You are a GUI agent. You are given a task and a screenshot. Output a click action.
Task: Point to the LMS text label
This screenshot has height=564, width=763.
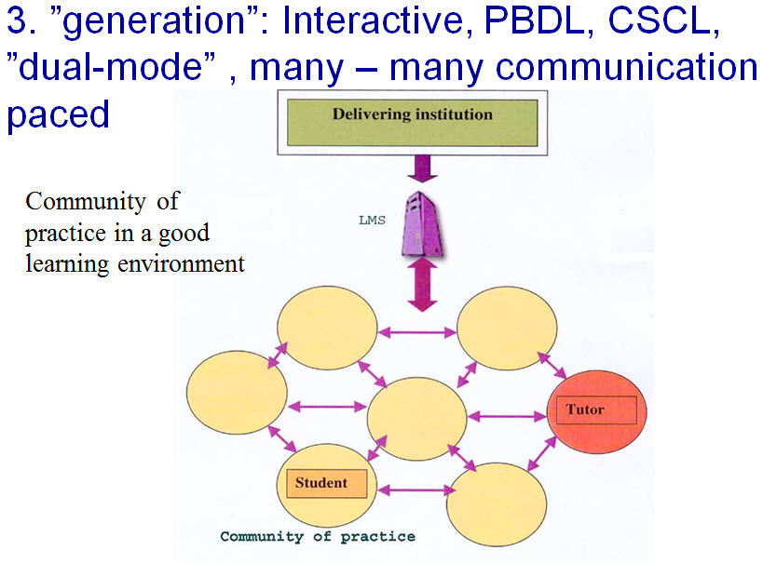click(372, 222)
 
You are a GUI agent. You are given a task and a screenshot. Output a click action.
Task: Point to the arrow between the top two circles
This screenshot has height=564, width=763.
click(416, 331)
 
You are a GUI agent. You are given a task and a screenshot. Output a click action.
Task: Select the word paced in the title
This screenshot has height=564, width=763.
click(58, 114)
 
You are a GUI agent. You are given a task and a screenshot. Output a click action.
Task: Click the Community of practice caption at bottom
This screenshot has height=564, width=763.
click(318, 537)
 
